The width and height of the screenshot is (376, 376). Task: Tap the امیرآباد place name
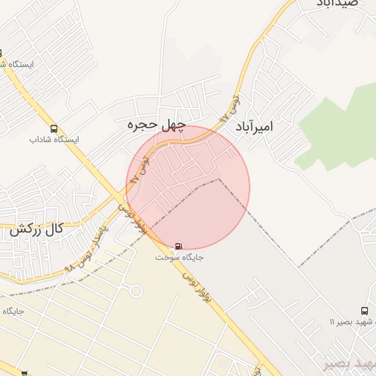[x=253, y=127]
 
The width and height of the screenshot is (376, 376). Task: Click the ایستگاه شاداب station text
[x=54, y=140]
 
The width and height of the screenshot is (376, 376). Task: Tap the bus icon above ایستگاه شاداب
[x=54, y=129]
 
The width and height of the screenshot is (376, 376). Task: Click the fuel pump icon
[x=180, y=246]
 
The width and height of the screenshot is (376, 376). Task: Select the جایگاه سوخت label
[x=180, y=258]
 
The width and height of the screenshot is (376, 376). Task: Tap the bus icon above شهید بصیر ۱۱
[x=365, y=311]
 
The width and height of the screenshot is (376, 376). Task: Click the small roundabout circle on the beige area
[x=136, y=292]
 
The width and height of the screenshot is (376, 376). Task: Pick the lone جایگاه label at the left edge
[x=13, y=311]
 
